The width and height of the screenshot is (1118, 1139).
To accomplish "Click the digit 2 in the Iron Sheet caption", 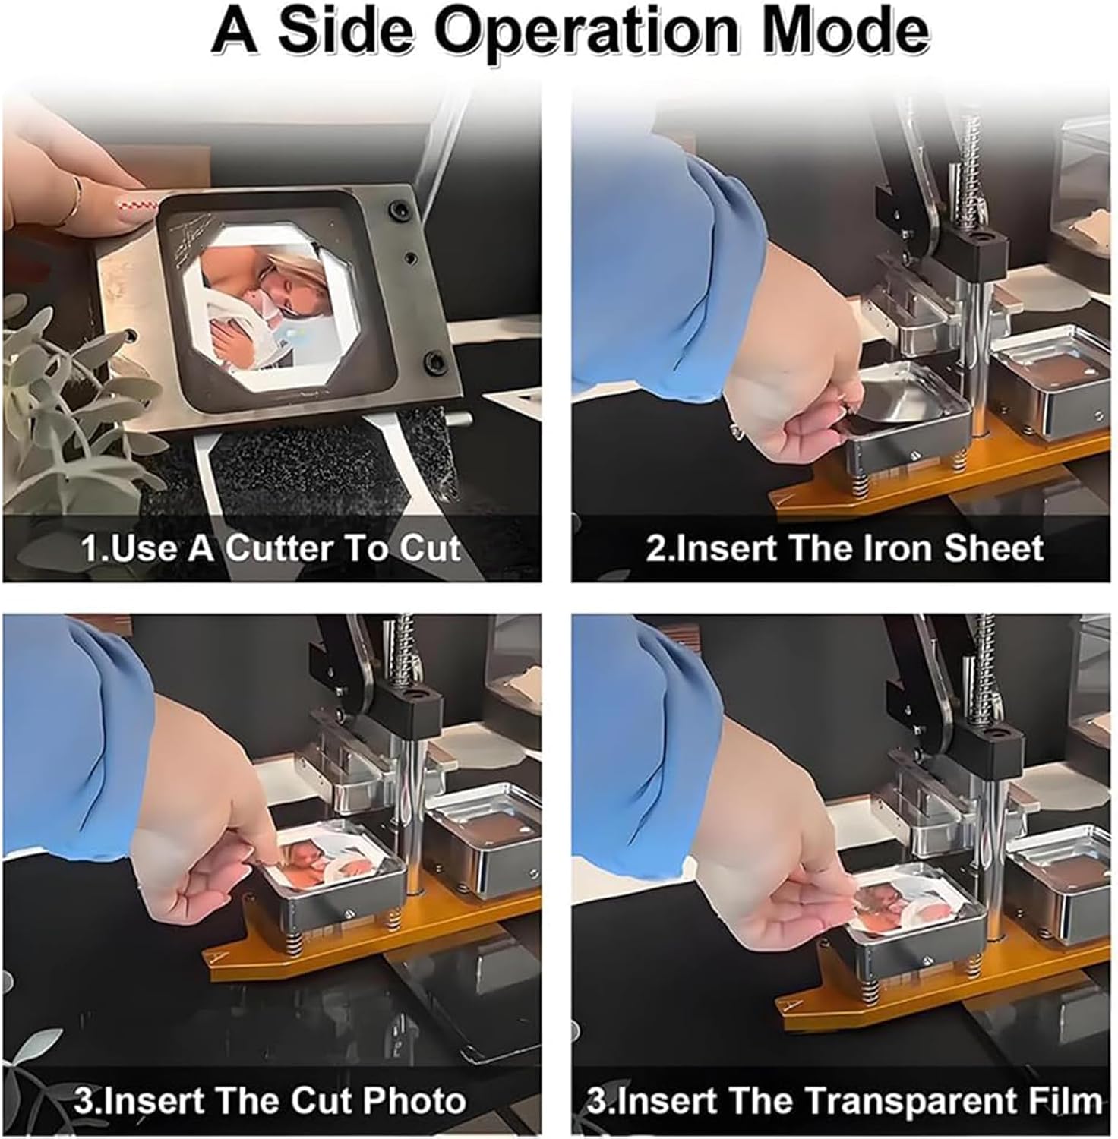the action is coord(655,548).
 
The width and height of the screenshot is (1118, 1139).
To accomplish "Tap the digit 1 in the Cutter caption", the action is coord(88,548).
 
